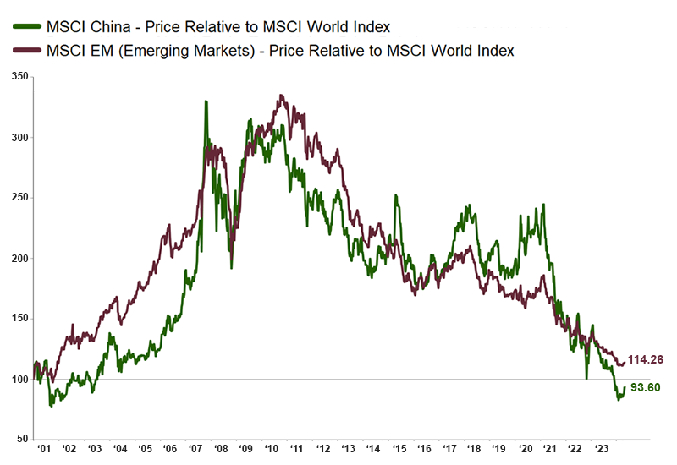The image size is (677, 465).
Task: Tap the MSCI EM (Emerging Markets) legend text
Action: pyautogui.click(x=278, y=51)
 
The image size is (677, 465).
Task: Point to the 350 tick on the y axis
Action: pyautogui.click(x=18, y=77)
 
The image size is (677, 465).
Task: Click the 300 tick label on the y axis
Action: pyautogui.click(x=18, y=137)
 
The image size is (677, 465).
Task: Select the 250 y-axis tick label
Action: pyautogui.click(x=18, y=198)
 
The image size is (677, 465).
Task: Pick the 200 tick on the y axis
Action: pyautogui.click(x=18, y=258)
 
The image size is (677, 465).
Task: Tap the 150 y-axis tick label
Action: pyautogui.click(x=18, y=319)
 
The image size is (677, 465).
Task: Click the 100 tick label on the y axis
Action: pyautogui.click(x=18, y=379)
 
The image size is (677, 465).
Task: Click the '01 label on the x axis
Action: pyautogui.click(x=44, y=448)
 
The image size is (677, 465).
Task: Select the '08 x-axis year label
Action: pyautogui.click(x=220, y=448)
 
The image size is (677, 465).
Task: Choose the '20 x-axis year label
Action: pyautogui.click(x=525, y=448)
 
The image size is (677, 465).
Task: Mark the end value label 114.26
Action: pyautogui.click(x=645, y=359)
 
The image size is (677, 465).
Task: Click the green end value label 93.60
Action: pyautogui.click(x=646, y=387)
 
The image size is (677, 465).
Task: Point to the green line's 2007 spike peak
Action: pyautogui.click(x=206, y=101)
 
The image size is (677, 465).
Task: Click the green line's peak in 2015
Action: pyautogui.click(x=396, y=196)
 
